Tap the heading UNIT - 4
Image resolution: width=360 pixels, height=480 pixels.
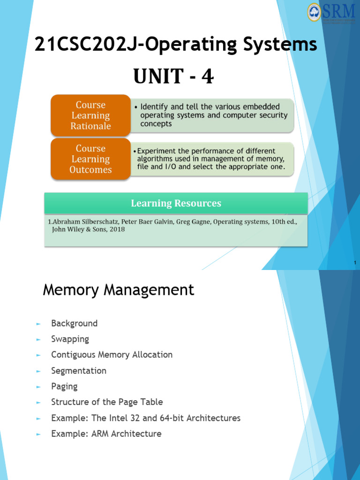(173, 76)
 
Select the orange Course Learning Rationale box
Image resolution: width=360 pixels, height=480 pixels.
(90, 115)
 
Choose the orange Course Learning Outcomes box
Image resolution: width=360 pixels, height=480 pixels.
(90, 159)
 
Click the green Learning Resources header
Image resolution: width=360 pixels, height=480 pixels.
(176, 203)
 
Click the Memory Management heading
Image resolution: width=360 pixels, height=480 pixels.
(118, 290)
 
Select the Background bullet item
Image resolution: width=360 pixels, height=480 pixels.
(74, 323)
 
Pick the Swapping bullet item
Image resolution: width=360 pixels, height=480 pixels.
(70, 339)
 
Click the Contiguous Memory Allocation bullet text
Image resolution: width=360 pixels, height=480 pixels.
(112, 355)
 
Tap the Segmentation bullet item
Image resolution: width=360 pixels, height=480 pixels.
(79, 371)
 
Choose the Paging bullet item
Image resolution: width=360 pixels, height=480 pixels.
(64, 387)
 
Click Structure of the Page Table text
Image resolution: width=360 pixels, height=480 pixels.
(107, 402)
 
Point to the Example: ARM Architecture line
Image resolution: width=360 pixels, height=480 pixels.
(106, 434)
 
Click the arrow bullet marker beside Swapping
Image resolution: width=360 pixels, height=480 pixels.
(38, 339)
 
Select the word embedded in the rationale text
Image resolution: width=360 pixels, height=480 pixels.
(261, 107)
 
